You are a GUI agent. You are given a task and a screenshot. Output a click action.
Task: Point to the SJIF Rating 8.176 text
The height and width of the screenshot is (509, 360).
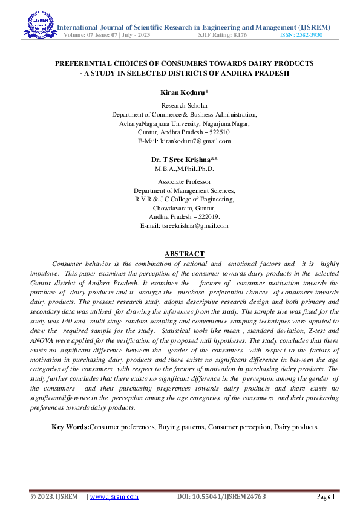point(222,35)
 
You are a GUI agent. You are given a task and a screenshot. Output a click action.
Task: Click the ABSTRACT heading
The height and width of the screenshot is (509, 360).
point(184,254)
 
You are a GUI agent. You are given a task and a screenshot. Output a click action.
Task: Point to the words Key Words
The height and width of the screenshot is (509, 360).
point(70,427)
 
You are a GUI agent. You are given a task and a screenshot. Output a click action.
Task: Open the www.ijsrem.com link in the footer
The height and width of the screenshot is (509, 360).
point(114,497)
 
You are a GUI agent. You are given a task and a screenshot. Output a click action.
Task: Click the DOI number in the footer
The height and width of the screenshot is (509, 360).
point(221,497)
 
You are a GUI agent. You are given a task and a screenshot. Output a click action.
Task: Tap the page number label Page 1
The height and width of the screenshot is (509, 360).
point(326,497)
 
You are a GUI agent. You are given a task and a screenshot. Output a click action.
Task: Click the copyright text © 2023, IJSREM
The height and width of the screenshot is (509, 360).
point(54,497)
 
